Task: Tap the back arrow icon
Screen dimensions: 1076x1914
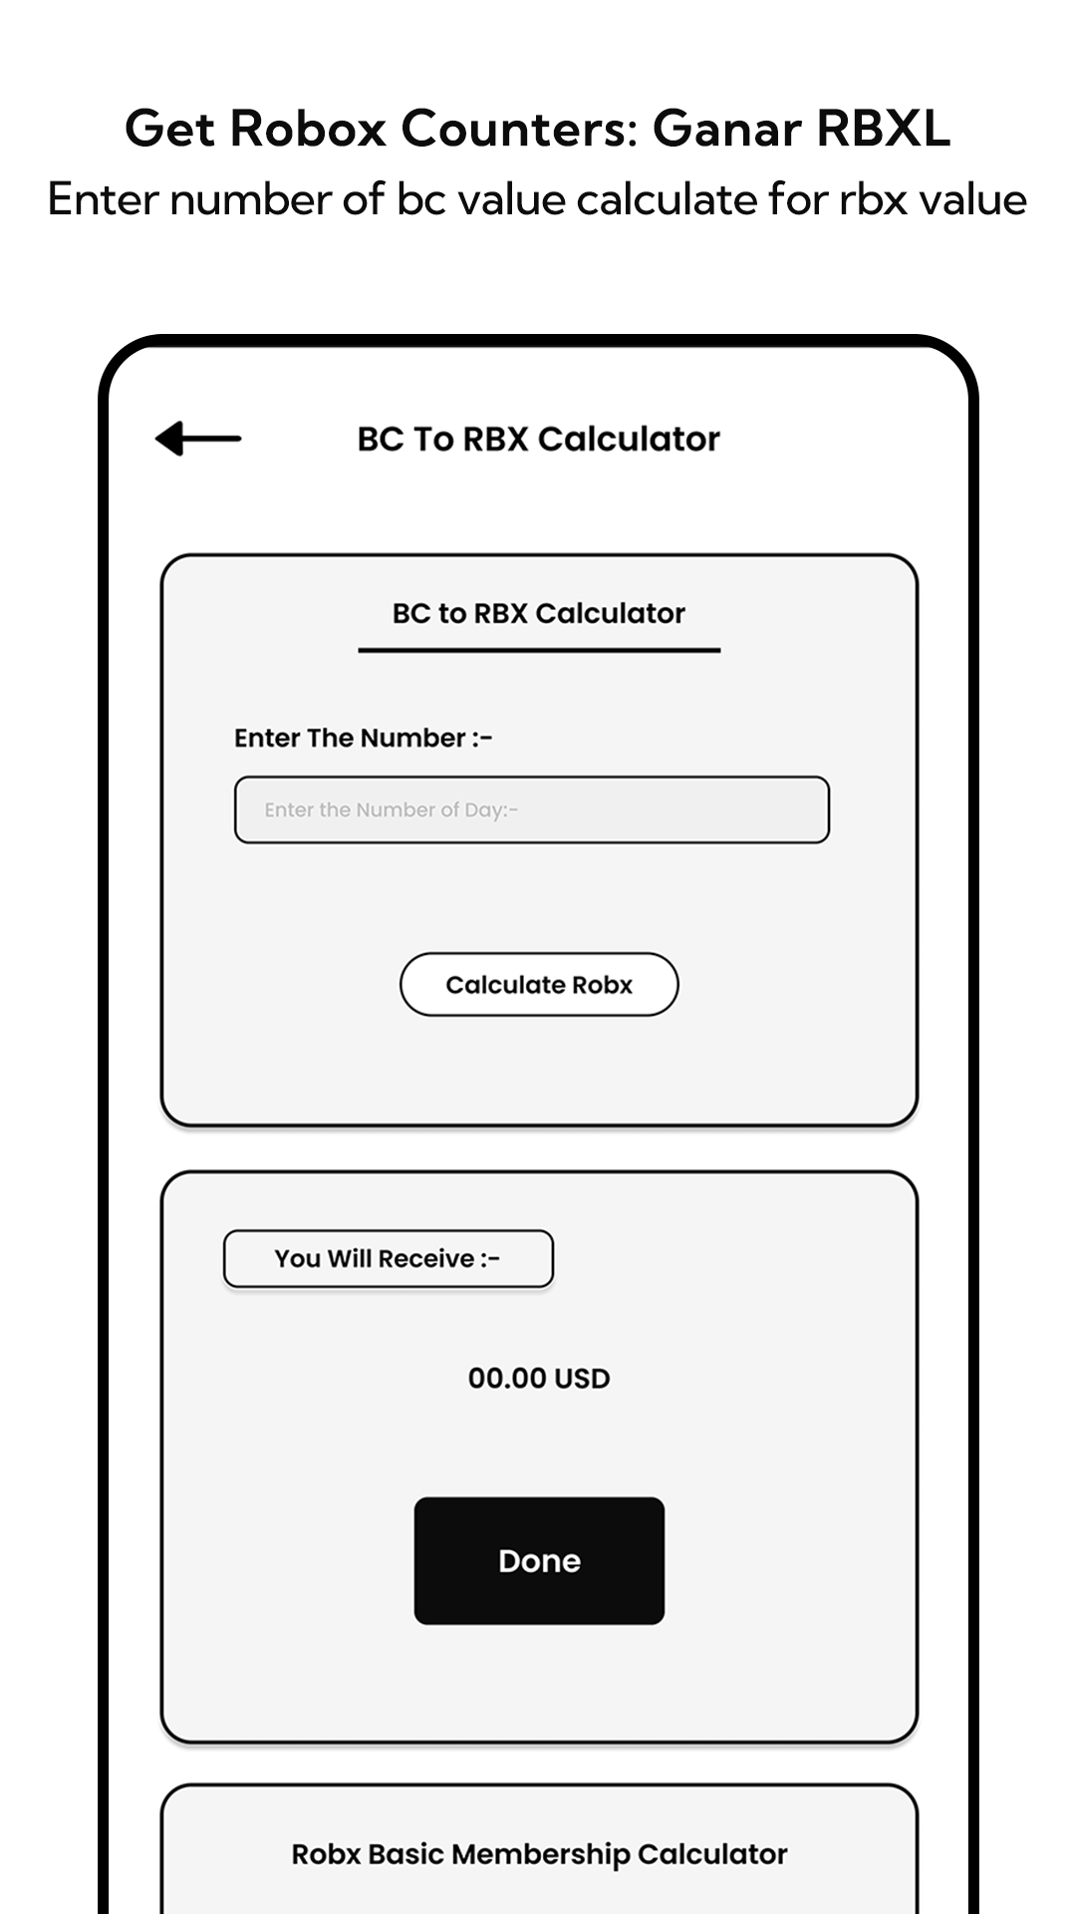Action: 198,439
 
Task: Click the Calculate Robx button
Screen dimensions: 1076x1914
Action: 539,985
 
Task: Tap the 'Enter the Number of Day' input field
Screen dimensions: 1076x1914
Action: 532,809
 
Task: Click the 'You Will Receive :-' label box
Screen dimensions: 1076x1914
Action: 389,1259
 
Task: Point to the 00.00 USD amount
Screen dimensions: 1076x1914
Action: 539,1379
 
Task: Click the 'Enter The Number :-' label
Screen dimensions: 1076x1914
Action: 364,738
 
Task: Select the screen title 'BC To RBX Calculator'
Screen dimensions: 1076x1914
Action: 539,439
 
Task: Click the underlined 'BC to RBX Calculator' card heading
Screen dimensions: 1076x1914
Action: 539,613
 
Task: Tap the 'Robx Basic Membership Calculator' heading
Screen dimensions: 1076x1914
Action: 539,1854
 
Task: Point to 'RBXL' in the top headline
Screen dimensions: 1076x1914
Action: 884,129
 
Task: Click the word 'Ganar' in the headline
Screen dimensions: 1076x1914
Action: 727,129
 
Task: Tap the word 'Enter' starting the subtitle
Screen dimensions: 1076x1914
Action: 104,199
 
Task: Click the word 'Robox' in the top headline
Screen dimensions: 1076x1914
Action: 308,129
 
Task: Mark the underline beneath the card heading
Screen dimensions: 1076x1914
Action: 539,650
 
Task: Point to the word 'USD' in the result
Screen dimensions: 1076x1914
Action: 582,1379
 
